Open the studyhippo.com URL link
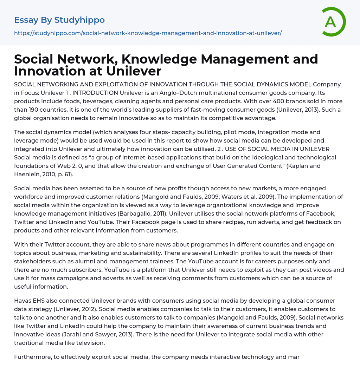click(148, 33)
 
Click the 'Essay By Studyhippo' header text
click(59, 20)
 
